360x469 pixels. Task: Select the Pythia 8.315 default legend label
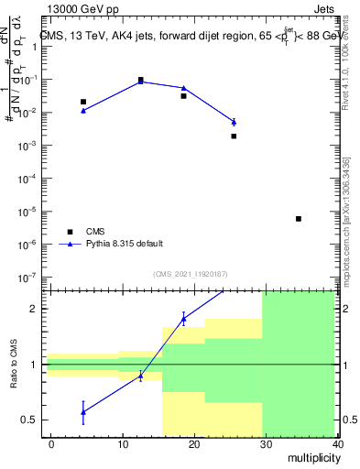tap(126, 244)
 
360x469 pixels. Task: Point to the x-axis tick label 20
tap(194, 443)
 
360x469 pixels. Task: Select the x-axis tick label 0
tap(51, 443)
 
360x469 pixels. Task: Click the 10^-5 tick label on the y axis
tap(26, 212)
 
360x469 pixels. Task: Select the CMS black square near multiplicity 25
tap(234, 136)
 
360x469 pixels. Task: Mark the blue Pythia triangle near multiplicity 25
tap(234, 122)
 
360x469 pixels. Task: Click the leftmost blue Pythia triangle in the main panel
tap(83, 110)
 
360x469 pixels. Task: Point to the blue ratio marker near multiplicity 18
tap(183, 319)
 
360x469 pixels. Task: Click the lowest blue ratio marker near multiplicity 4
tap(83, 412)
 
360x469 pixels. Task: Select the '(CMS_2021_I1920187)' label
tap(190, 274)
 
